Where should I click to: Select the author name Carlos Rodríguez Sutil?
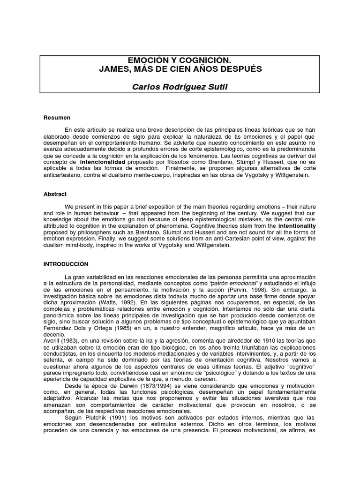pyautogui.click(x=180, y=87)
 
